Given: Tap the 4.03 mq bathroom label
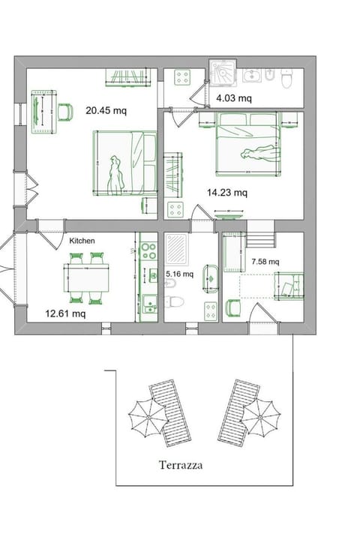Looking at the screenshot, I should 234,97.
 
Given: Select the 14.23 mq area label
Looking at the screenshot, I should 227,192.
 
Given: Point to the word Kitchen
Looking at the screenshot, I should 82,241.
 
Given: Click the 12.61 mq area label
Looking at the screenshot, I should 64,313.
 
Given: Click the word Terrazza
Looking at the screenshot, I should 181,465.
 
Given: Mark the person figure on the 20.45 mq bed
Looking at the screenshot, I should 115,175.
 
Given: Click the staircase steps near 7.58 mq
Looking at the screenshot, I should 261,240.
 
